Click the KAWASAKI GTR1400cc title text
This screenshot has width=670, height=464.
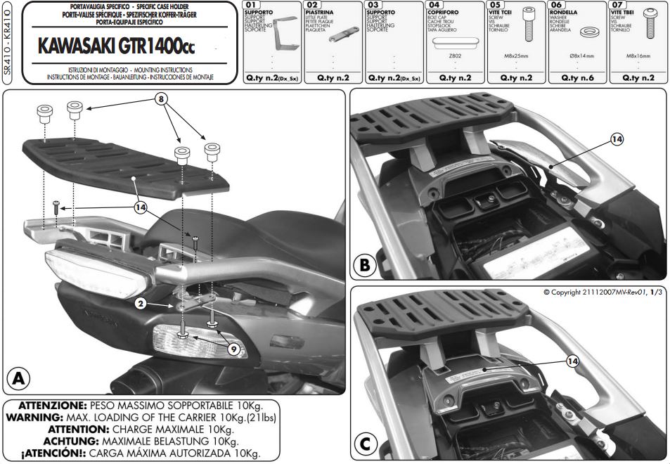117,46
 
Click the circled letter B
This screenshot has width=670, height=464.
365,266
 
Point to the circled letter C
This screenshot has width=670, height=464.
365,445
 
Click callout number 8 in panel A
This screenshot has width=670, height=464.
163,100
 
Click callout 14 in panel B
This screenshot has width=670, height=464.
617,139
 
